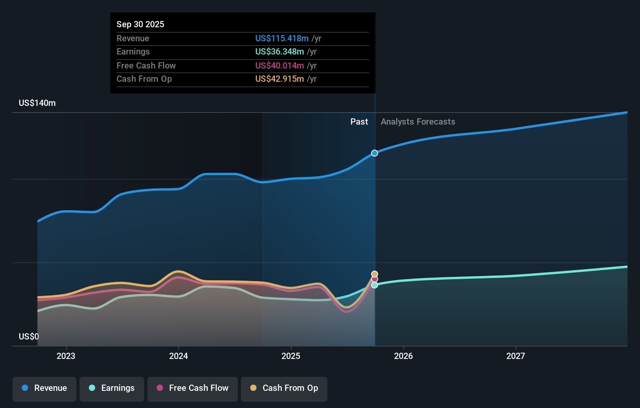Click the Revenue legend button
[x=44, y=388]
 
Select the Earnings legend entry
[x=112, y=388]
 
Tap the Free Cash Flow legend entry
[x=193, y=388]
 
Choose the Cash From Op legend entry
[x=284, y=388]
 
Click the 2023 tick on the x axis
[x=66, y=356]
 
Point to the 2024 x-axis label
[x=179, y=356]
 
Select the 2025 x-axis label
[x=291, y=356]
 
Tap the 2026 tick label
[x=403, y=356]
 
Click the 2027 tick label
[x=516, y=356]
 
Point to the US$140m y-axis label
[x=37, y=103]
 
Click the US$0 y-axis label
[x=29, y=336]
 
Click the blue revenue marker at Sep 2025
[x=375, y=153]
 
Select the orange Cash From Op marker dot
[x=375, y=274]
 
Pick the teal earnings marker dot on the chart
[x=375, y=285]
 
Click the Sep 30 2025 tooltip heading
[x=140, y=24]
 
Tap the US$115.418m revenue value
[x=282, y=38]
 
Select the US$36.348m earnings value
[x=279, y=51]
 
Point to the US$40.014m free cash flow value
[x=279, y=65]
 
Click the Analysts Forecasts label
[x=418, y=122]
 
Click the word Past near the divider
[x=359, y=122]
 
